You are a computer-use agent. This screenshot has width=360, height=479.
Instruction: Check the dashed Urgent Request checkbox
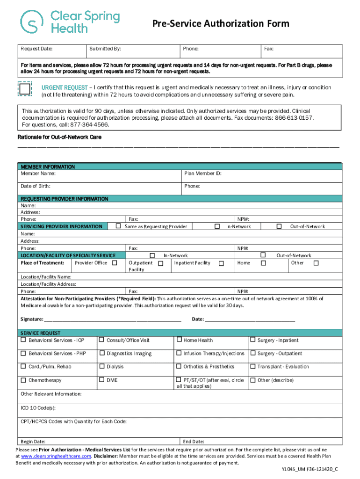click(24, 88)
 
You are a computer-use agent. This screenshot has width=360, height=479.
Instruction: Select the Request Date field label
click(36, 49)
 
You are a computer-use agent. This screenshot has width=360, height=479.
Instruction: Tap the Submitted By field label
click(106, 49)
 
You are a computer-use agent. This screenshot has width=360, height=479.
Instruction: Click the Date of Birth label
click(36, 186)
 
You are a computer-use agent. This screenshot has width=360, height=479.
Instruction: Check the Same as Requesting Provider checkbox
click(119, 226)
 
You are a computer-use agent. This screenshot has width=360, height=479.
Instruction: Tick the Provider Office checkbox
click(115, 263)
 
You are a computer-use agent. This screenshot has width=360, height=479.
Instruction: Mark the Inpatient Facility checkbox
click(221, 263)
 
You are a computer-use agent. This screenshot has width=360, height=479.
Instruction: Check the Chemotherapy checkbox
click(23, 380)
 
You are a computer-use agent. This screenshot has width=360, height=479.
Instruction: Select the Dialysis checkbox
click(101, 366)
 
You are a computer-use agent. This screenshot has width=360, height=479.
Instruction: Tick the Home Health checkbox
click(179, 340)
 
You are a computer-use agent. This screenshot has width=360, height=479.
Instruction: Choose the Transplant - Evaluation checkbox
click(253, 366)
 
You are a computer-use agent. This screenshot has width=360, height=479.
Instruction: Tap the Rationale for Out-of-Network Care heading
click(59, 137)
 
